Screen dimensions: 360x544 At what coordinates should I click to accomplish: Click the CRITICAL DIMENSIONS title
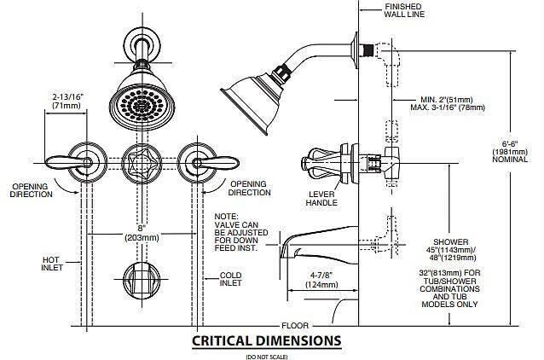click(266, 340)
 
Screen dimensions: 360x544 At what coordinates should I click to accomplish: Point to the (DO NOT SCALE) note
click(266, 354)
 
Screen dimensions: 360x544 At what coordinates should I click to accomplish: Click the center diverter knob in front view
click(139, 160)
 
